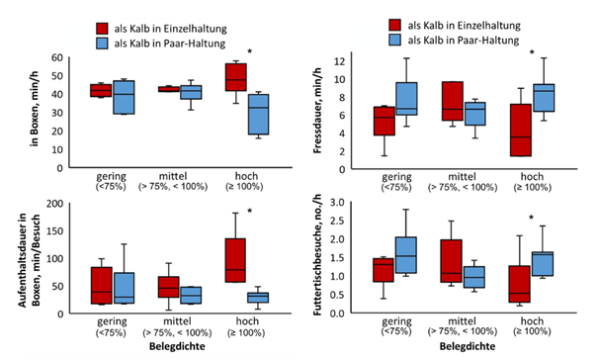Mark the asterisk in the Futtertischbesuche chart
point(532,219)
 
